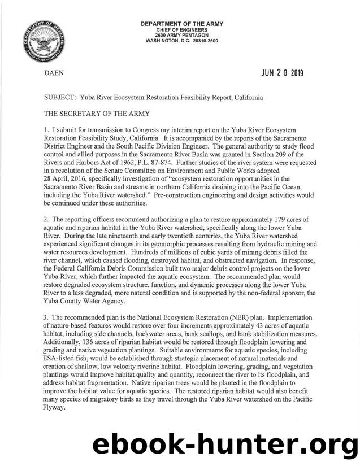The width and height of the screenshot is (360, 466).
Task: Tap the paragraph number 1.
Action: pos(46,130)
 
